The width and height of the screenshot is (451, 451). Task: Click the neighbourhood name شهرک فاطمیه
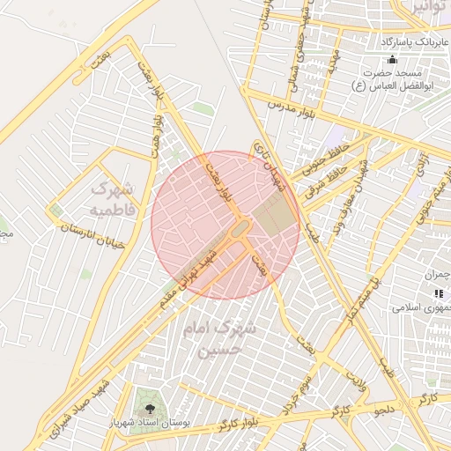pos(112,199)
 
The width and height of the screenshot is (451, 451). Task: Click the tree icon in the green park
pos(149,409)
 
